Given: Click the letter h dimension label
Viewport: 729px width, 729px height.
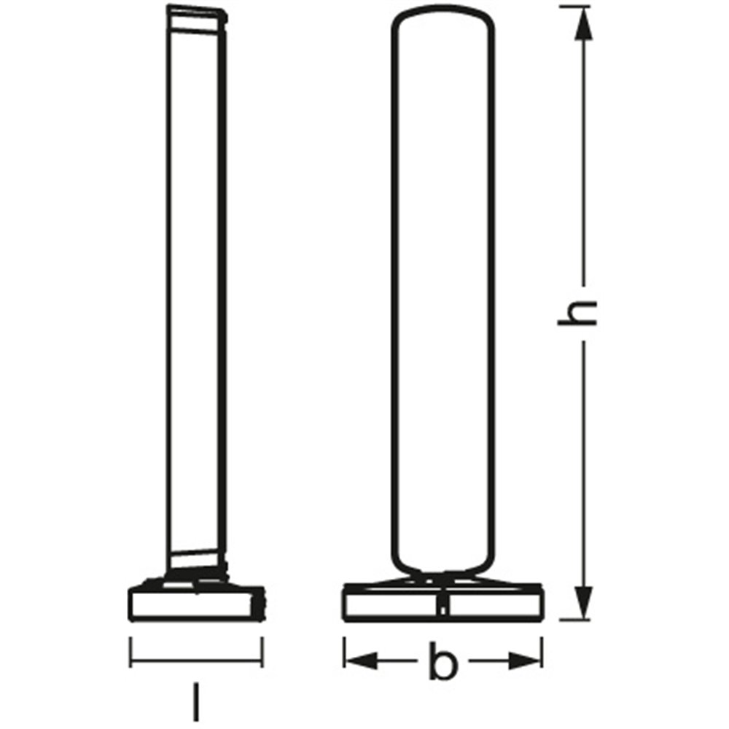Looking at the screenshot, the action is (x=577, y=313).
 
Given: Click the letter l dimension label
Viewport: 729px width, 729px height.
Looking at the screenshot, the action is (x=197, y=701).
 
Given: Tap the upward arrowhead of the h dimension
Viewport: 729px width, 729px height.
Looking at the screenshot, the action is (x=583, y=24).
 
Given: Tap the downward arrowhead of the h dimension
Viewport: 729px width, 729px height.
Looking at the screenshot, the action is (x=583, y=603).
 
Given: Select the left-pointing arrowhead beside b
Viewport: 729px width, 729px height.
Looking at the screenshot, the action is (x=362, y=660).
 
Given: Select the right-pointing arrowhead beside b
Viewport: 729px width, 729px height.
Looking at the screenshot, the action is (x=525, y=660).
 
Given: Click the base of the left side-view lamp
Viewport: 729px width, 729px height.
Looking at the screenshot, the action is (x=197, y=604).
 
